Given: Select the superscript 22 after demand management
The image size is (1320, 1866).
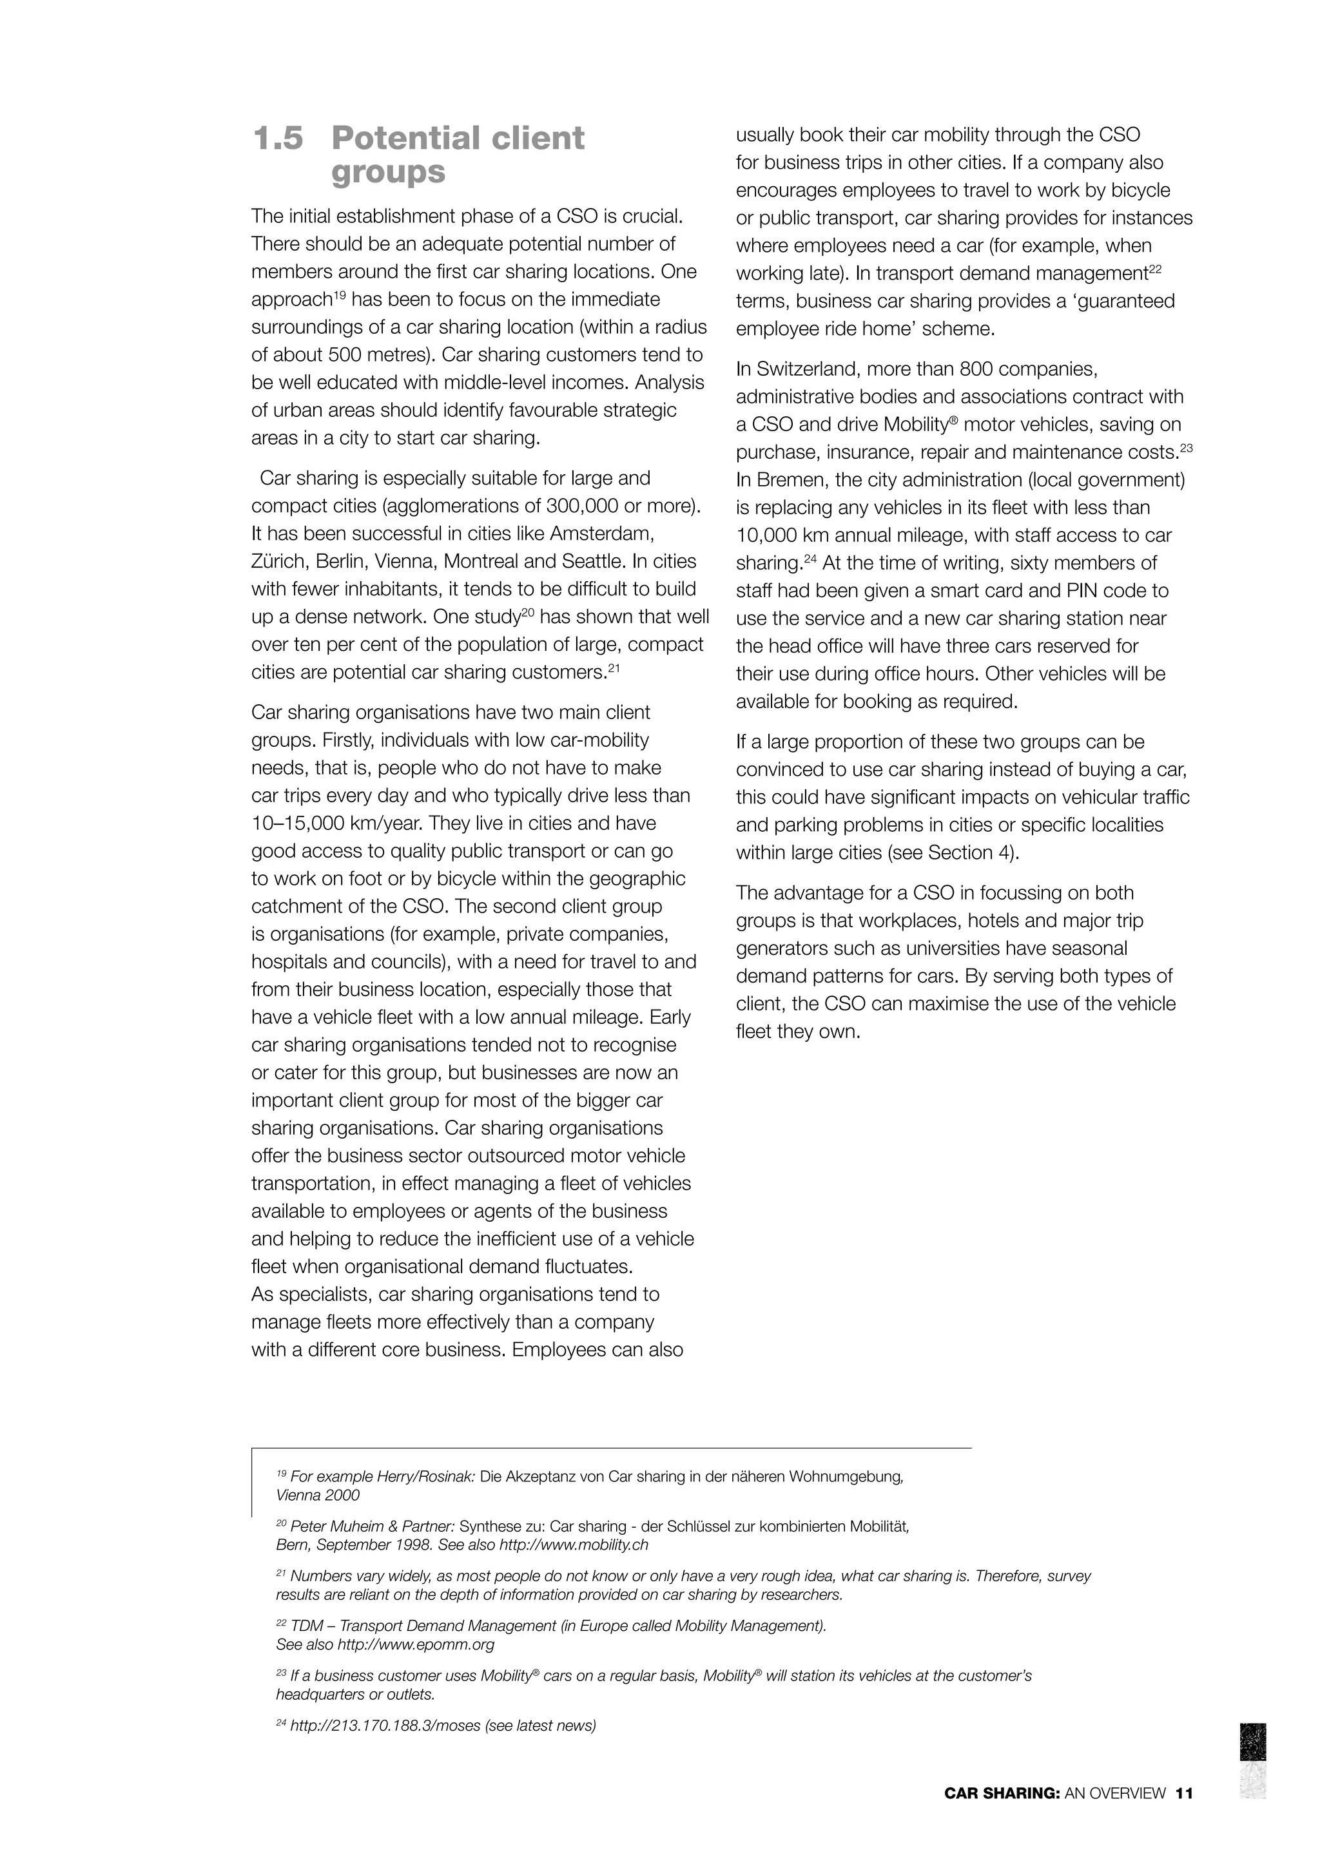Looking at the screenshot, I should click(1155, 268).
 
